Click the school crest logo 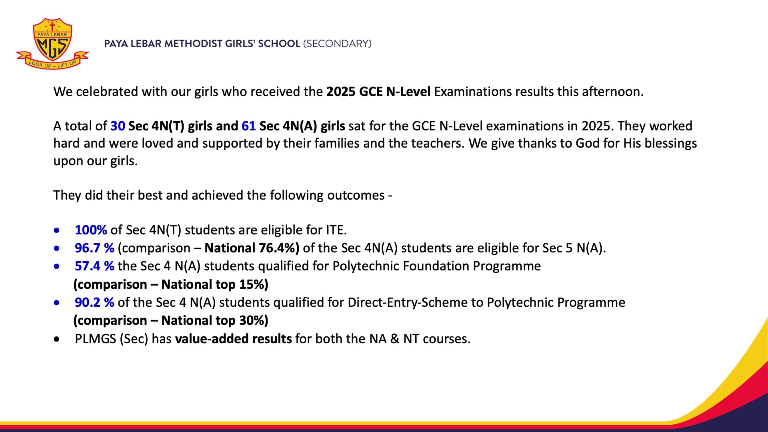(x=52, y=44)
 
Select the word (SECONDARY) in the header (x=337, y=44)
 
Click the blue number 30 (x=118, y=126)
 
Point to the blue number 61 (x=248, y=126)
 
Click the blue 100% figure (x=91, y=230)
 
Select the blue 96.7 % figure (x=94, y=248)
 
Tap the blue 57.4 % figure (x=94, y=266)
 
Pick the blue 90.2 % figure (x=94, y=302)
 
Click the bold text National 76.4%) (x=252, y=248)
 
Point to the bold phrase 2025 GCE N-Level (x=378, y=92)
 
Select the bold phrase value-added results (x=234, y=339)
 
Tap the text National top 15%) (x=215, y=284)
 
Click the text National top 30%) (x=215, y=320)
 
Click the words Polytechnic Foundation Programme (x=436, y=266)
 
